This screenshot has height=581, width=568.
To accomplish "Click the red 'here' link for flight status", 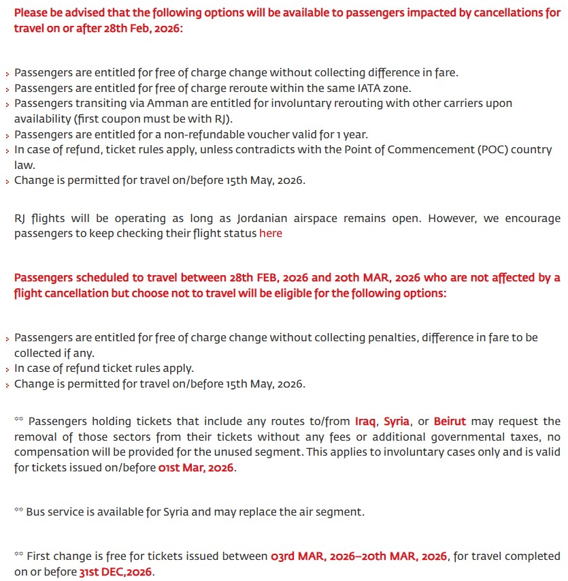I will [270, 233].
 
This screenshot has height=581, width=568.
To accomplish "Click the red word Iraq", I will [366, 422].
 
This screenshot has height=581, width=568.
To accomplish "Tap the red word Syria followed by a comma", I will [397, 422].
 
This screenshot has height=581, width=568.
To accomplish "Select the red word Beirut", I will [450, 422].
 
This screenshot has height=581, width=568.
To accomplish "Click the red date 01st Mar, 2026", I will [196, 468].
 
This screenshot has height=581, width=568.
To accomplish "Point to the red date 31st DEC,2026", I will [115, 571].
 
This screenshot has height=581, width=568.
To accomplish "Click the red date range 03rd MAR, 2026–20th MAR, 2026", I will [359, 556].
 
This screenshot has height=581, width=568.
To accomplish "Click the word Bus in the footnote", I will [35, 512].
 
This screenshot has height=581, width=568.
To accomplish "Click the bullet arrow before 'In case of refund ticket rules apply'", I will [7, 369].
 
